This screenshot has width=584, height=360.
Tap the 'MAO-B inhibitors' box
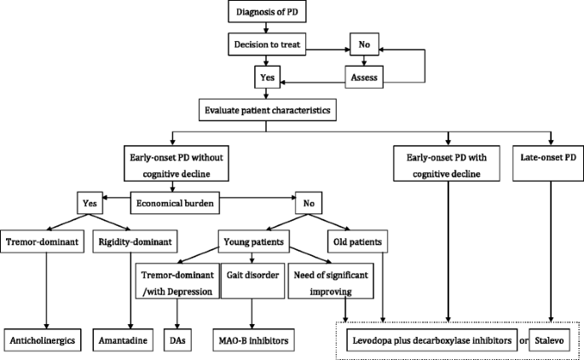click(x=252, y=340)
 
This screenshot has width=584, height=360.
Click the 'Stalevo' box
click(x=552, y=340)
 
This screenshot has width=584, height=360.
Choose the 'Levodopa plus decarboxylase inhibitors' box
click(x=432, y=340)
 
